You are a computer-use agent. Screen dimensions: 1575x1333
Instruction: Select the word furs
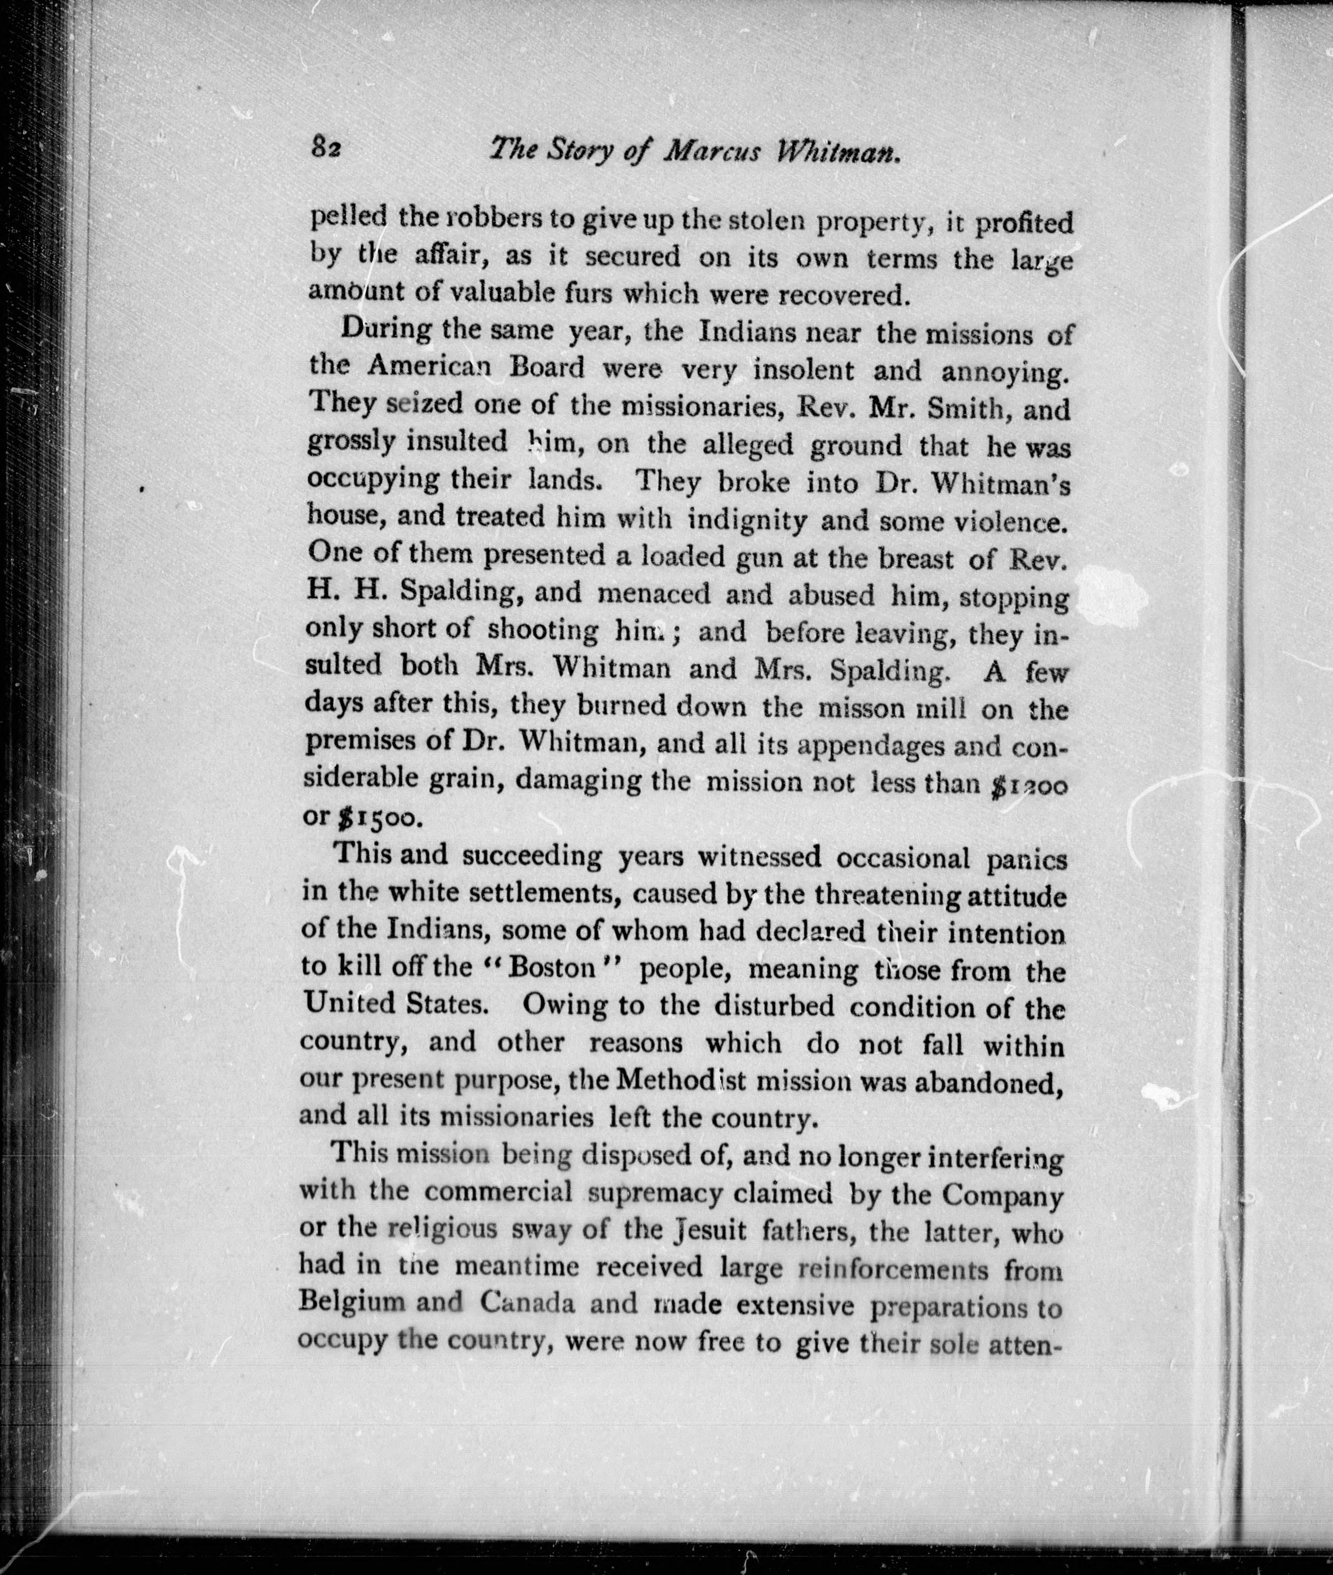click(x=590, y=292)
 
